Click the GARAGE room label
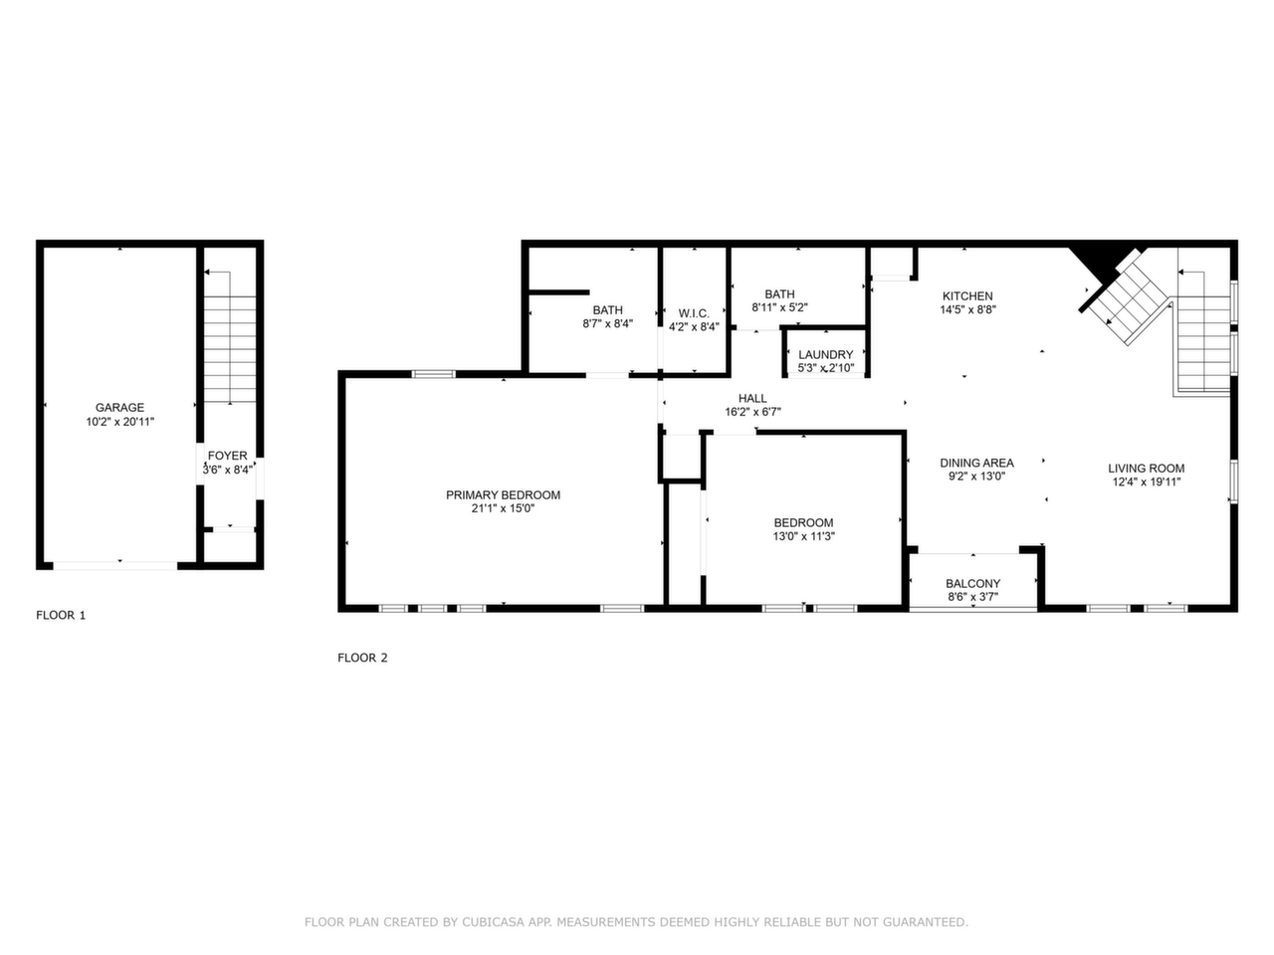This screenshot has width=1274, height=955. pos(119,408)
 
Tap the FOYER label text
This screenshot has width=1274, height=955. pos(228,456)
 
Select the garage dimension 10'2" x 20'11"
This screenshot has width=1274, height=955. pos(120,422)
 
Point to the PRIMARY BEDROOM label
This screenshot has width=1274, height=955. pos(504,494)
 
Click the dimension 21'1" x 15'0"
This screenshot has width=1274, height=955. pos(504,508)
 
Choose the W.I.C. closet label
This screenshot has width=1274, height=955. pos(694,313)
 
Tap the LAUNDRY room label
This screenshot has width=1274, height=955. pos(826,354)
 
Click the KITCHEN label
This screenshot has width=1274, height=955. pos(967,295)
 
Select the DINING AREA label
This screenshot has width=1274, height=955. pos(976,463)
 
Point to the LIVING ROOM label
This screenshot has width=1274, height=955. pos(1147,468)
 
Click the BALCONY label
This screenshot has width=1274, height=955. pos(972,583)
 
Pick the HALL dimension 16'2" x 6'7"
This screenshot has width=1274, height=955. pos(752,412)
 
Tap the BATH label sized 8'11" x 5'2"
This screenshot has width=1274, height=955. pos(779,294)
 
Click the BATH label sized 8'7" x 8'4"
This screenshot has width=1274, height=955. pos(608,310)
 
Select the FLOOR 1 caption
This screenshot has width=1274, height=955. pos(61,615)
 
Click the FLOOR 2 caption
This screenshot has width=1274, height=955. pos(362,658)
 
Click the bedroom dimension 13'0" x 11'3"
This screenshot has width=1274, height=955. pos(804,536)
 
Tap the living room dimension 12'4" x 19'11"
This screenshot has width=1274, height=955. pos(1147,481)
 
